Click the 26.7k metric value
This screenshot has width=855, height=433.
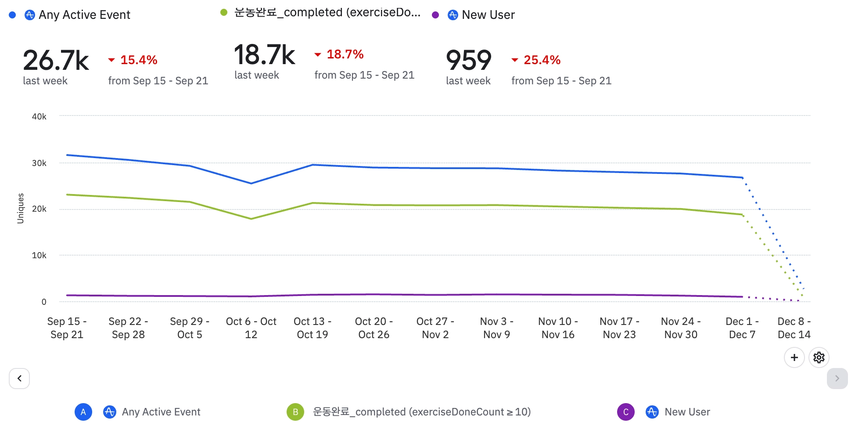tap(56, 60)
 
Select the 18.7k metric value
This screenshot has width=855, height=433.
tap(264, 55)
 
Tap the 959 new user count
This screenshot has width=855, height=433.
tap(468, 60)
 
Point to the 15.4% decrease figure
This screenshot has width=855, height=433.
tap(138, 60)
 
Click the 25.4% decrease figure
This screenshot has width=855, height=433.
tap(542, 60)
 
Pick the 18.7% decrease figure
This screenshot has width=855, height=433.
tap(345, 54)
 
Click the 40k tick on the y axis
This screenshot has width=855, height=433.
tap(39, 116)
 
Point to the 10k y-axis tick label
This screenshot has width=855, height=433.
tap(39, 255)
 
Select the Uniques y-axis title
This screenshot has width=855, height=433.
tap(21, 208)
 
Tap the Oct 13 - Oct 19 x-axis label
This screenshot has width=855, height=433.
tap(312, 328)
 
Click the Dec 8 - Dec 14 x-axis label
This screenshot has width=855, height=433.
tap(794, 328)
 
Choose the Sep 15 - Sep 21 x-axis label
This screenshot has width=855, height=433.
tap(67, 328)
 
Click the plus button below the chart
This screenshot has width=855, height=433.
tap(794, 357)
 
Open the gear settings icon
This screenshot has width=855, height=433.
tap(819, 357)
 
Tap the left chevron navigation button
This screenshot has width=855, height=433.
tap(19, 378)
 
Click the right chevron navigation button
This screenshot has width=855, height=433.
tap(837, 378)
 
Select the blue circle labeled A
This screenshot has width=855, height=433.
tap(83, 412)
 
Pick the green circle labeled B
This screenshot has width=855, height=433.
tap(295, 412)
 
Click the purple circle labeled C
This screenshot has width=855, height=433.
tap(625, 412)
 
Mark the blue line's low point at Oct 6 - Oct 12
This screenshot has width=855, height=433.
tap(251, 183)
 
